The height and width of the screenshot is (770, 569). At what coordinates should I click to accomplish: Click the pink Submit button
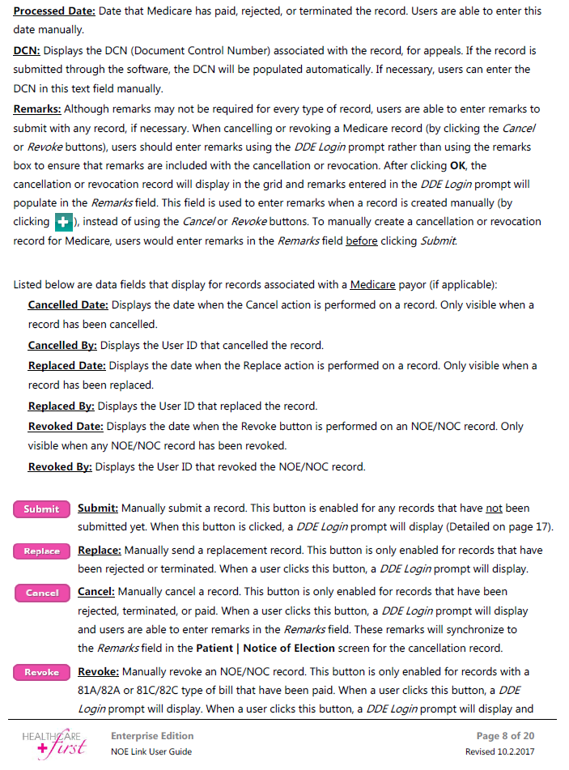(x=42, y=509)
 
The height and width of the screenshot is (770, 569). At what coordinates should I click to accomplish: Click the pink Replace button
(x=42, y=551)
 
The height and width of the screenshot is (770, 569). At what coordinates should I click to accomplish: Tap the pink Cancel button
(x=42, y=593)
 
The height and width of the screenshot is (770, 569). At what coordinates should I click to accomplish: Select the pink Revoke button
(x=42, y=672)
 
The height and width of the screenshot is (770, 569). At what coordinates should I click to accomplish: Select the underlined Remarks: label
(x=37, y=108)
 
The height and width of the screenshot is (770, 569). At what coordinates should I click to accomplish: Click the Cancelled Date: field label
(x=68, y=305)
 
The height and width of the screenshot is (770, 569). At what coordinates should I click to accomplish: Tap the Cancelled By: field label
(x=62, y=345)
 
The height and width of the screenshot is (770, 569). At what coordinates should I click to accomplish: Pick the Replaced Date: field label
(x=67, y=365)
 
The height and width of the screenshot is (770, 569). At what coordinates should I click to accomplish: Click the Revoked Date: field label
(x=66, y=426)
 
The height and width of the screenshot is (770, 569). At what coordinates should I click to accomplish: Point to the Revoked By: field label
(x=60, y=466)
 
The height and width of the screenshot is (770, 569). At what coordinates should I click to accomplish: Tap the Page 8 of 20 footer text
(x=505, y=736)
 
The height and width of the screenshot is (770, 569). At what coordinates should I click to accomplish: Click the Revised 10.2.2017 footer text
(x=499, y=751)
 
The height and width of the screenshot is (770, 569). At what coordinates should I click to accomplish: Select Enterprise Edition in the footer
(x=152, y=736)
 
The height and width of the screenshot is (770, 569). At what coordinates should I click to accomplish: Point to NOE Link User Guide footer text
(x=151, y=751)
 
